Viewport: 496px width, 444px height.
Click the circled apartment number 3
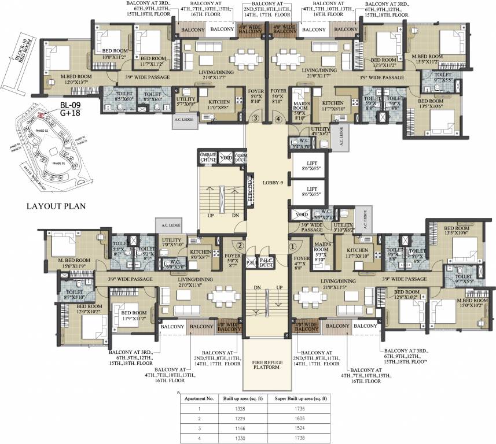click(x=254, y=120)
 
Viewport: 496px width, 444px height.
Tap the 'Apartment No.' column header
click(x=199, y=399)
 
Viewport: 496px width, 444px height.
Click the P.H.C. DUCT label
click(x=266, y=261)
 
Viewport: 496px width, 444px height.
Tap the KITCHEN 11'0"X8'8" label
click(x=218, y=105)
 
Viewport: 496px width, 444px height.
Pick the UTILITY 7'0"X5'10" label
click(x=172, y=242)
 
